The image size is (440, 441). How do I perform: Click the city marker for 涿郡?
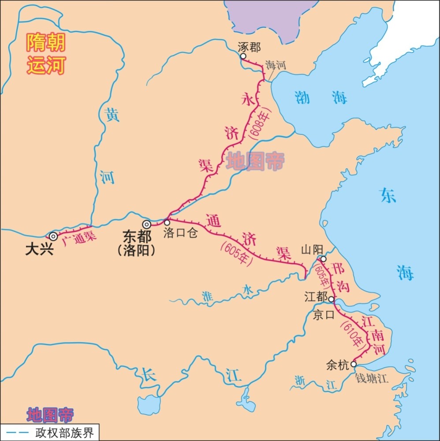pyautogui.click(x=242, y=56)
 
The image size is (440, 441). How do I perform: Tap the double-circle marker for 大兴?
pyautogui.click(x=53, y=236)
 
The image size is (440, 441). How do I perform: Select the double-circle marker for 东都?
pyautogui.click(x=146, y=225)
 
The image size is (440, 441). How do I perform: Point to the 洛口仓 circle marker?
pyautogui.click(x=167, y=223)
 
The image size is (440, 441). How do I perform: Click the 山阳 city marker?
pyautogui.click(x=323, y=259)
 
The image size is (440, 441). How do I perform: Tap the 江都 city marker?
pyautogui.click(x=332, y=299)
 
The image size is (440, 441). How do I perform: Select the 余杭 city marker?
pyautogui.click(x=353, y=364)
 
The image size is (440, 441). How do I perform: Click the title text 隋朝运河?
pyautogui.click(x=46, y=54)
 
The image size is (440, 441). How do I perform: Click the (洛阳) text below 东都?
pyautogui.click(x=137, y=250)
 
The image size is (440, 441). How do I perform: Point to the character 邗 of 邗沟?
pyautogui.click(x=337, y=270)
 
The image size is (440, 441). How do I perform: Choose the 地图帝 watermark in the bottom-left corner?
pyautogui.click(x=50, y=415)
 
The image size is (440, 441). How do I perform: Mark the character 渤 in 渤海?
pyautogui.click(x=302, y=97)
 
